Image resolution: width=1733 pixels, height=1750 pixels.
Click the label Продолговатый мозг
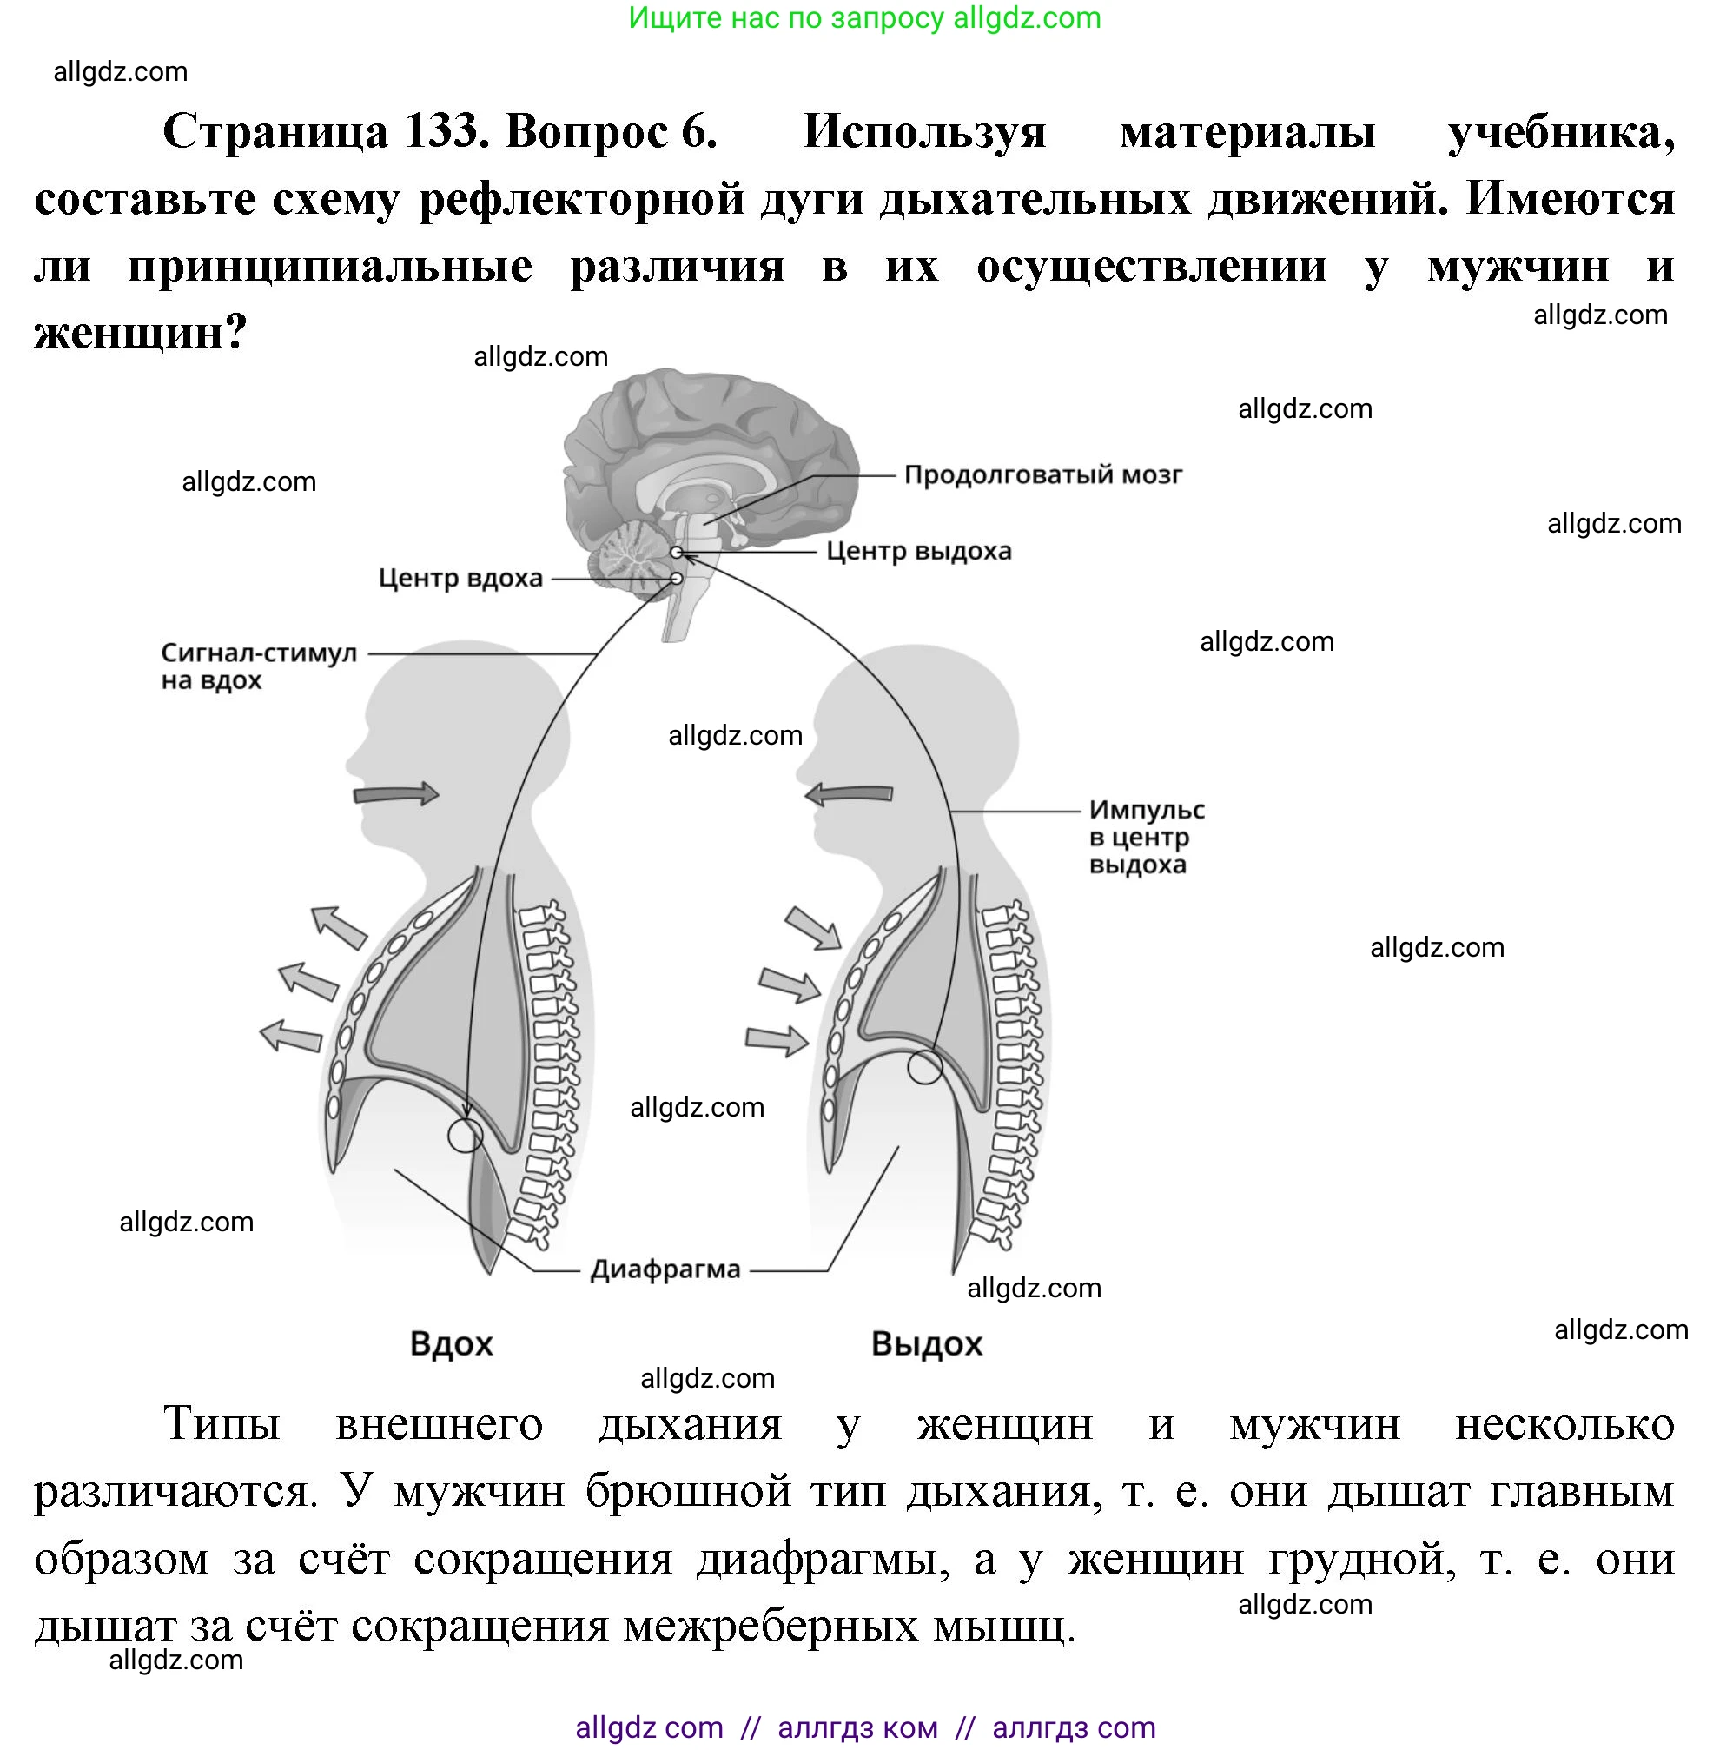[1042, 474]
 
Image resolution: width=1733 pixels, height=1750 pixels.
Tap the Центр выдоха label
[918, 551]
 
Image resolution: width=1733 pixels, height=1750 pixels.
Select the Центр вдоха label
[460, 578]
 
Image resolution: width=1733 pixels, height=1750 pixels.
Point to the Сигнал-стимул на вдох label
[258, 666]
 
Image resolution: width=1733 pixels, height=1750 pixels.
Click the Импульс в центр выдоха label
[1146, 836]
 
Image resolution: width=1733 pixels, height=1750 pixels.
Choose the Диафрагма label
[665, 1270]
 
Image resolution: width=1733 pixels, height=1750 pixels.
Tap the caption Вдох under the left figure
[451, 1343]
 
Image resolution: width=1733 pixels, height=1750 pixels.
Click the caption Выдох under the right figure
[926, 1343]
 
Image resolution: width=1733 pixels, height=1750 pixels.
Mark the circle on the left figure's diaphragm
[466, 1134]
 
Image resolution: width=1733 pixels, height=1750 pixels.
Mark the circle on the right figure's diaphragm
[924, 1067]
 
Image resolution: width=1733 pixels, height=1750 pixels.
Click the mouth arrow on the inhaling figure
[395, 794]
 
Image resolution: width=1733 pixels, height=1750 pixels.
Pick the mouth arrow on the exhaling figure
[849, 794]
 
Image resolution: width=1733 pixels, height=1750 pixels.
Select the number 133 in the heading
[442, 130]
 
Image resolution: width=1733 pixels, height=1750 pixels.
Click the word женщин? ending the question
[141, 333]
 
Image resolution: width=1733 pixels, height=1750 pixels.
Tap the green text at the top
[863, 18]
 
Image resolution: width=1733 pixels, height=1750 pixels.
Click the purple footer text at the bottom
[864, 1727]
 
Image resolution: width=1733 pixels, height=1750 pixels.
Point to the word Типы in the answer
[222, 1425]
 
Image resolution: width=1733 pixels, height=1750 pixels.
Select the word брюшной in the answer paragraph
[688, 1492]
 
